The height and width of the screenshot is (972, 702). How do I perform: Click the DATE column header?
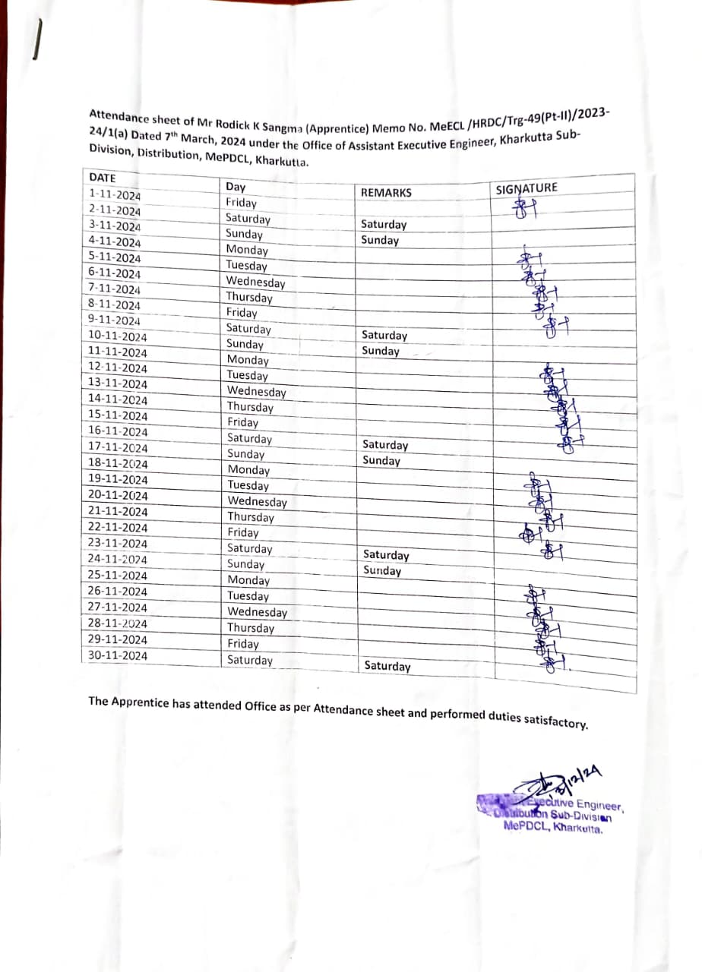103,178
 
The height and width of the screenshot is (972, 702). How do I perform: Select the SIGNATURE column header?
526,188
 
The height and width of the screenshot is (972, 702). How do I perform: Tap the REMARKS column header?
386,193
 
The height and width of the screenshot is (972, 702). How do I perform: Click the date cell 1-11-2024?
115,194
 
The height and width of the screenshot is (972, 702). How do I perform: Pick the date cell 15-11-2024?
119,415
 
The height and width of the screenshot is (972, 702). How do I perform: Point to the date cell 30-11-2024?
118,655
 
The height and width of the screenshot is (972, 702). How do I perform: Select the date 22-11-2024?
118,527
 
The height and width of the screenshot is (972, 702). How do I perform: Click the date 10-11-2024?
118,336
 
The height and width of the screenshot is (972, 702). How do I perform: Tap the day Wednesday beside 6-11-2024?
255,282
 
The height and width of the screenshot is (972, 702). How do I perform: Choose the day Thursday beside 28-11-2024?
251,628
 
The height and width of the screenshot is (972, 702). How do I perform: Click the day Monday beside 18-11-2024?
248,470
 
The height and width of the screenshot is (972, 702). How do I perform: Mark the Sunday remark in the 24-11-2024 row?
382,570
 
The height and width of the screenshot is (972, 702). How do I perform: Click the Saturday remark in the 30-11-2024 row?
387,666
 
